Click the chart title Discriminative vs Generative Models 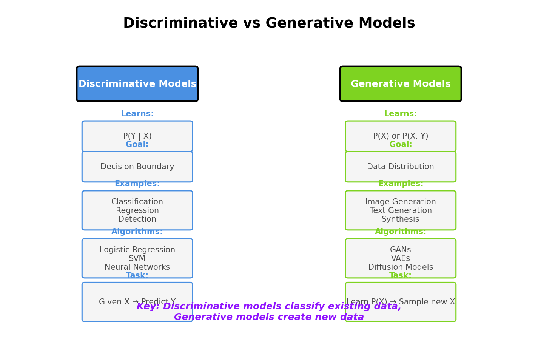(269, 23)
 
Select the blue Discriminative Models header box (137, 84)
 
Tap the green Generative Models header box (400, 84)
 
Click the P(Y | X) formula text (137, 136)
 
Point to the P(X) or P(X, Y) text (400, 136)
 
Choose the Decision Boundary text (137, 167)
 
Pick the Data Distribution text (400, 167)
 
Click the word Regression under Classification (137, 210)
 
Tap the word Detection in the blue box (137, 219)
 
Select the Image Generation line (400, 202)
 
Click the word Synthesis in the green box (400, 219)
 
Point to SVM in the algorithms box (137, 258)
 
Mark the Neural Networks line (137, 267)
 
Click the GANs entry (400, 250)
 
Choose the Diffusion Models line (400, 267)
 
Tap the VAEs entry (400, 258)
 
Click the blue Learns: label (137, 114)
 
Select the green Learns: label (400, 114)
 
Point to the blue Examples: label (137, 184)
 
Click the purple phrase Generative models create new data (269, 317)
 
